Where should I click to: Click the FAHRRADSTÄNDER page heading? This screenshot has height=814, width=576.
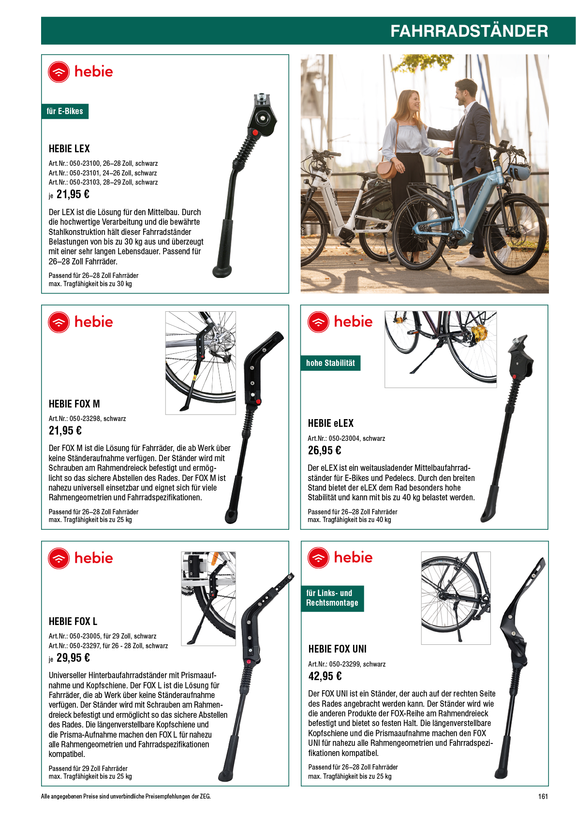tap(469, 31)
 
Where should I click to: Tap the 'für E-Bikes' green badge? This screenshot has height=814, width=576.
tap(65, 111)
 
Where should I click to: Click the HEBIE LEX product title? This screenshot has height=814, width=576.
tap(69, 148)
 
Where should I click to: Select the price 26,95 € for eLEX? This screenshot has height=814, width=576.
tap(325, 451)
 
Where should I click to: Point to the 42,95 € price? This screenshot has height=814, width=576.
tap(325, 676)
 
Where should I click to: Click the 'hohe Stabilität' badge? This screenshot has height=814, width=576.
tap(330, 363)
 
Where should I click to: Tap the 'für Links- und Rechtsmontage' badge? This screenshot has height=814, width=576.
tap(332, 598)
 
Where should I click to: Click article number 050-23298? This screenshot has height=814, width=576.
tap(87, 419)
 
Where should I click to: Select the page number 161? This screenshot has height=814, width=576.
tap(543, 796)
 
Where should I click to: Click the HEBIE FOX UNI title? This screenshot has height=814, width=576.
tap(337, 649)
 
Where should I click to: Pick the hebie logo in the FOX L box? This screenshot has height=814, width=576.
tap(80, 558)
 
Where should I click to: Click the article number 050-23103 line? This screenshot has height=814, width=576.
tap(103, 182)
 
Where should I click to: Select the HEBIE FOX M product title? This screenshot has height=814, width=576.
tap(74, 404)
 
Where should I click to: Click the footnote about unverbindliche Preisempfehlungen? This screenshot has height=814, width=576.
tap(126, 796)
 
